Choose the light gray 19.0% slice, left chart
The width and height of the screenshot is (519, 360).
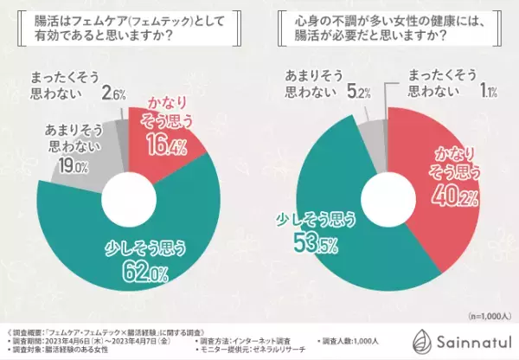82,169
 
